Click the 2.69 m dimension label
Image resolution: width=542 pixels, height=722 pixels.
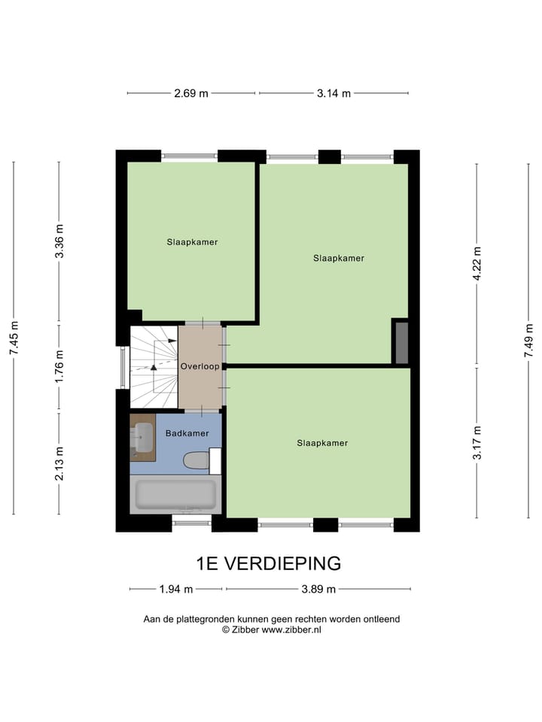pos(190,93)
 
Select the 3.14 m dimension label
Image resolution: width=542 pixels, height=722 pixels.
pos(333,93)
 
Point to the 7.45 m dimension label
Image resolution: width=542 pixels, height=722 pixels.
pos(14,338)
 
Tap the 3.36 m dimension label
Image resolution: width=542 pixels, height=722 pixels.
pos(59,241)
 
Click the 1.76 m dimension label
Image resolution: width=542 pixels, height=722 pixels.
pos(59,366)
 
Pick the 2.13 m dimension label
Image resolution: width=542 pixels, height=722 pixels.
pos(59,463)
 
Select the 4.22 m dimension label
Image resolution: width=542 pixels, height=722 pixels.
pos(477,263)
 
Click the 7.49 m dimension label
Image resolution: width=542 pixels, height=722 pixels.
pos(528,340)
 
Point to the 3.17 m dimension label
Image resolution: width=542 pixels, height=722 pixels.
pos(477,442)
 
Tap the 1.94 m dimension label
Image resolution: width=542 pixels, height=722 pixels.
pos(176,589)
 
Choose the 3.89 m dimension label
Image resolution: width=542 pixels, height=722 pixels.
pos(318,589)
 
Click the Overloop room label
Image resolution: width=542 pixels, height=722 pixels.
pos(199,366)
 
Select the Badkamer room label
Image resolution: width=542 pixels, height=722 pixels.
pos(187,433)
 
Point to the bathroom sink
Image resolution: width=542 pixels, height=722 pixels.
pos(142,438)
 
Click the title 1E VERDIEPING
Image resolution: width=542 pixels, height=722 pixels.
pos(269,563)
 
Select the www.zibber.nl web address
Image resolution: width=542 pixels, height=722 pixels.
pos(291,630)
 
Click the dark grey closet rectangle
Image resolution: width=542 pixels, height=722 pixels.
pos(402,343)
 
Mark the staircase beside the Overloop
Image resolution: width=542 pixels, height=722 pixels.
pos(154,367)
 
